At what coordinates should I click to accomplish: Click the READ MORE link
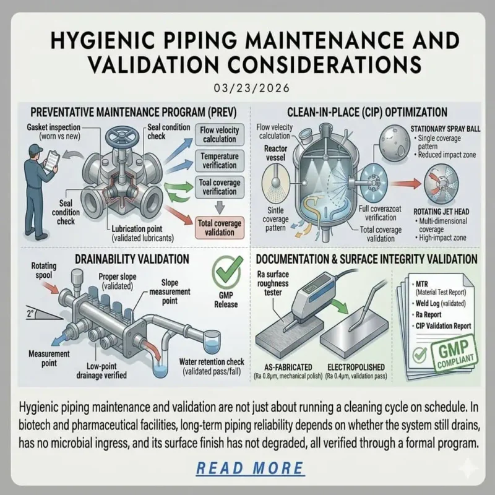coord(250,468)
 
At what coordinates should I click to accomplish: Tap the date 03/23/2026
coord(247,88)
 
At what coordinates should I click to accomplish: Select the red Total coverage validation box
coord(218,226)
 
